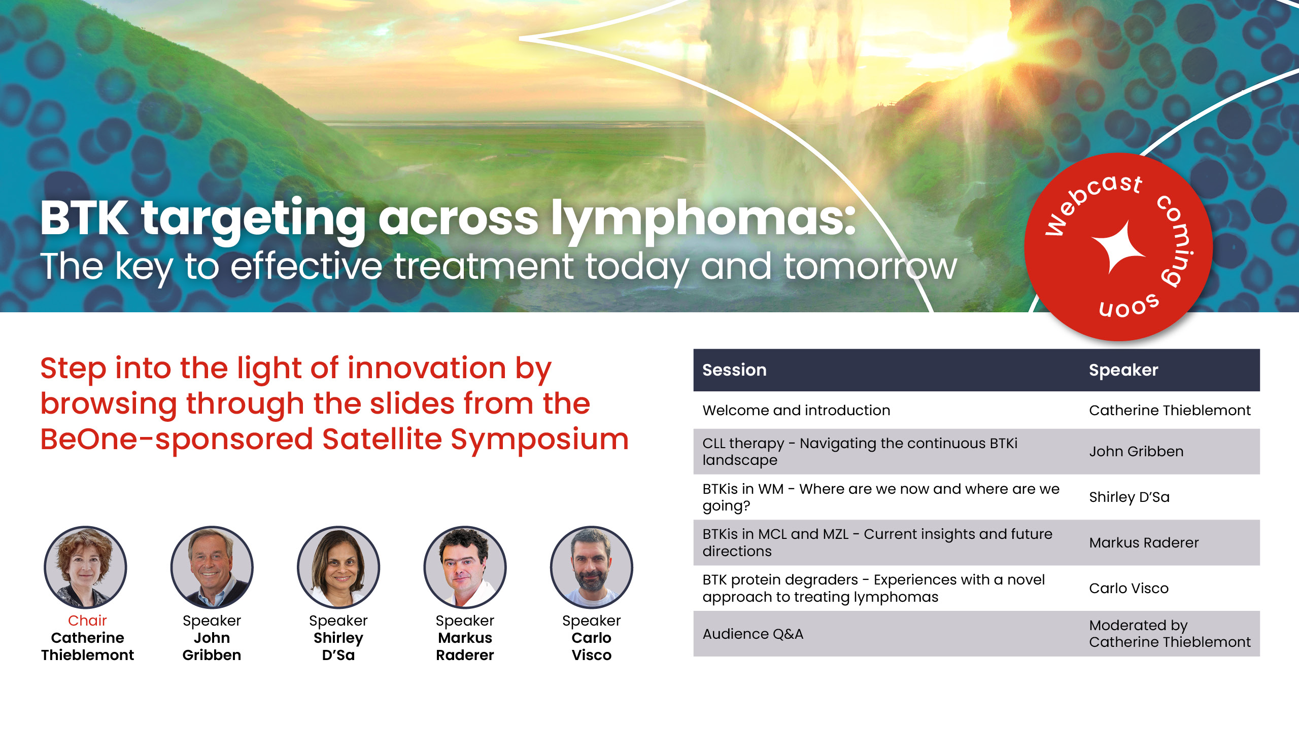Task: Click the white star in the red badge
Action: [1118, 247]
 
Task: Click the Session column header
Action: [734, 370]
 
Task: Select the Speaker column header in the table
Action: [1123, 370]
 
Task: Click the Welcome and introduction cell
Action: [796, 410]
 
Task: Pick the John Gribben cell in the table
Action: [1136, 451]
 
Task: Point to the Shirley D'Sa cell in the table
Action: [1129, 497]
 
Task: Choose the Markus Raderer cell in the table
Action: [1144, 542]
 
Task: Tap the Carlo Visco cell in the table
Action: [1129, 588]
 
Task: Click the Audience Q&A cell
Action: [753, 634]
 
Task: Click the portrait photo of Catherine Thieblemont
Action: [85, 567]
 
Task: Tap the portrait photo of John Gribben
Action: [212, 567]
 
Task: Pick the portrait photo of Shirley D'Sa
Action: [338, 567]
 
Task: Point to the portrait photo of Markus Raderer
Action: [465, 567]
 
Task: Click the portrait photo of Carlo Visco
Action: [592, 567]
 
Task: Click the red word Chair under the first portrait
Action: [87, 620]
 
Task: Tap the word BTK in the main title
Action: [84, 217]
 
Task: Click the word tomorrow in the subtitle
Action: [871, 267]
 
